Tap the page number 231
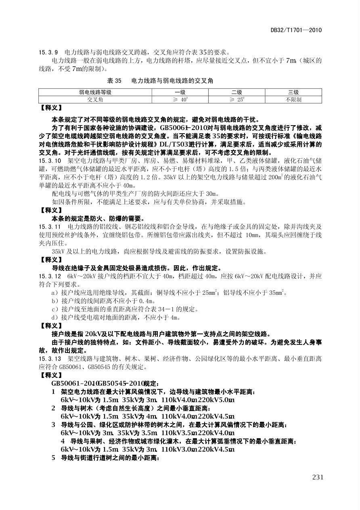(318, 477)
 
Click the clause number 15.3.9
(48, 52)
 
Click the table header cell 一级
(180, 92)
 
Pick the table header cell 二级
(237, 92)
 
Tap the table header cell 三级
(293, 92)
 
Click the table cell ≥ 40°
(180, 99)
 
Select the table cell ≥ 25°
(237, 99)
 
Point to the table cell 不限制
(293, 99)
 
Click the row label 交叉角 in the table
(95, 99)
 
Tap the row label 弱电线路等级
(95, 92)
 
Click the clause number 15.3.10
(50, 161)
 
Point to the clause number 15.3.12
(50, 277)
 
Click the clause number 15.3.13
(50, 358)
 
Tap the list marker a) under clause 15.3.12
(54, 293)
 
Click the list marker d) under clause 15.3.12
(54, 317)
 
